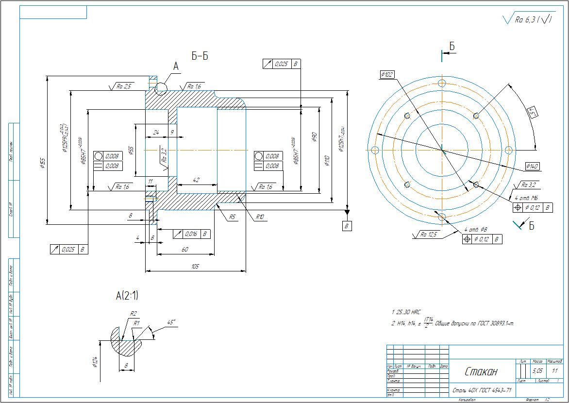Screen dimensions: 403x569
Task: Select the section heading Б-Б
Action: pyautogui.click(x=200, y=56)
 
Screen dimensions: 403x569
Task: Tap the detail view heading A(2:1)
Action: pyautogui.click(x=127, y=295)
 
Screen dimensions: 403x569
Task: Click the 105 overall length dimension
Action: pyautogui.click(x=195, y=267)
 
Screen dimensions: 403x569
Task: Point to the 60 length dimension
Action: pyautogui.click(x=185, y=249)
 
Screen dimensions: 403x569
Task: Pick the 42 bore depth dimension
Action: pyautogui.click(x=196, y=180)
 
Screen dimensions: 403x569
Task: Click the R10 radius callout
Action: pyautogui.click(x=260, y=217)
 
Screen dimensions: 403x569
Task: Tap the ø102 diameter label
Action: pyautogui.click(x=387, y=74)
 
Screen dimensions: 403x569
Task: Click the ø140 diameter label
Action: pyautogui.click(x=532, y=167)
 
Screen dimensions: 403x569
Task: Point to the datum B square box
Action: pyautogui.click(x=347, y=226)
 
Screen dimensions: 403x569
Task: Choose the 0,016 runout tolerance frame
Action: pyautogui.click(x=192, y=234)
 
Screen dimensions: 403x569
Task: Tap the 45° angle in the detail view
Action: pyautogui.click(x=171, y=322)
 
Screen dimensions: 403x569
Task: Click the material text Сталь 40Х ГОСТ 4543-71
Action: pyautogui.click(x=482, y=390)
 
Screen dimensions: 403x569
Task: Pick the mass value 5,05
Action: pyautogui.click(x=537, y=370)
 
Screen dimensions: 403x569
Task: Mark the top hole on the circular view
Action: pyautogui.click(x=442, y=83)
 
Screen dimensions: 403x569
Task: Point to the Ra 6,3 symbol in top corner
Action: pyautogui.click(x=528, y=19)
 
